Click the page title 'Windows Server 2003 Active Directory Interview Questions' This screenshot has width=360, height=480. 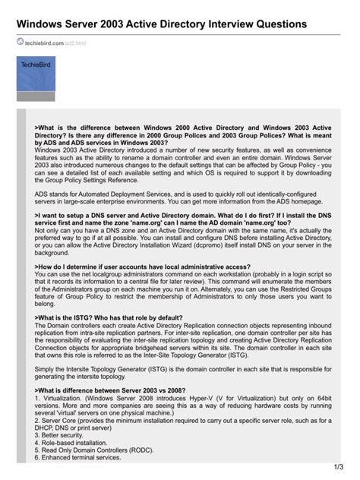160,24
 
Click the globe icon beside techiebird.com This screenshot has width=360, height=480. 20,43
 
